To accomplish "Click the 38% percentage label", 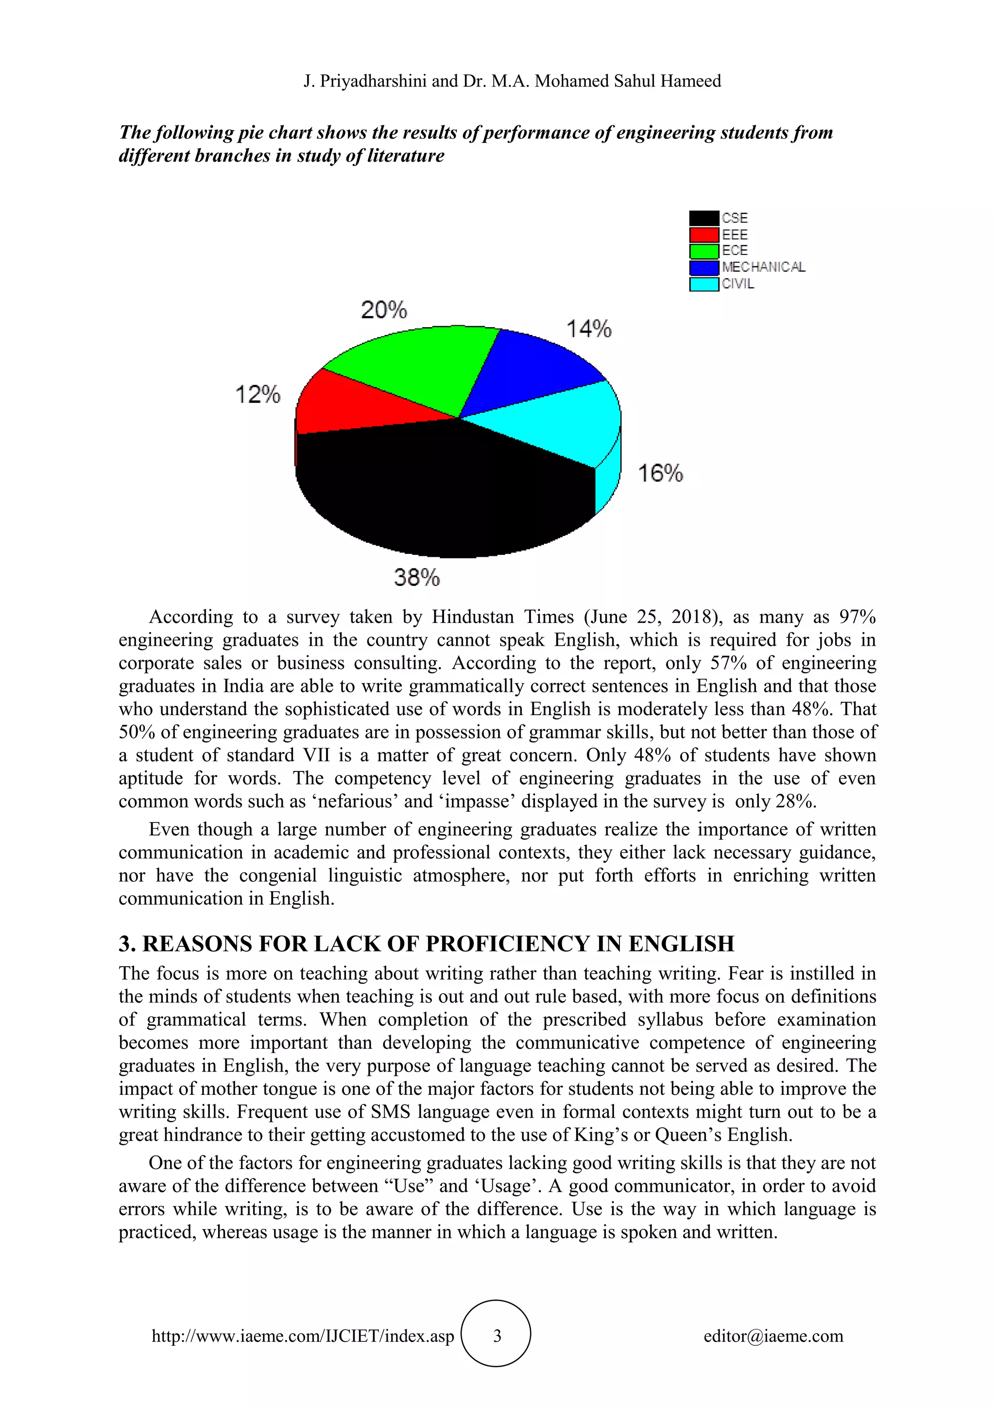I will coord(417,577).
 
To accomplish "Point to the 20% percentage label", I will coord(383,310).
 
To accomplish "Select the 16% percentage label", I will coord(660,473).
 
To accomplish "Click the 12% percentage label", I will coord(257,394).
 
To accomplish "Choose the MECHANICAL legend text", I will coord(763,267).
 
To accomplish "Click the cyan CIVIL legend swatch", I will coord(703,284).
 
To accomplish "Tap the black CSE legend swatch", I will coord(703,218).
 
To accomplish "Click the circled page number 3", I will coord(496,1336).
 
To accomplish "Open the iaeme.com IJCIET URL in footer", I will coord(303,1336).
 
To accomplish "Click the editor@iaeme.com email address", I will coord(772,1336).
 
